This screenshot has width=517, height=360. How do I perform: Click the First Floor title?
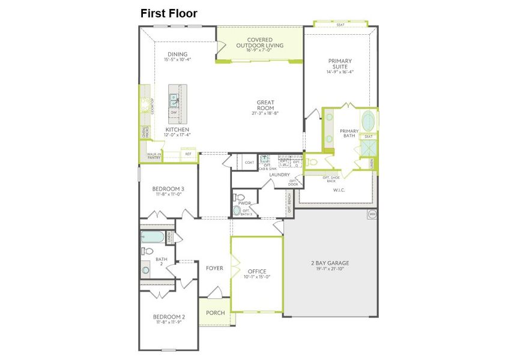[x=169, y=13]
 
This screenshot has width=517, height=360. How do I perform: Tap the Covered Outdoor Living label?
[x=259, y=43]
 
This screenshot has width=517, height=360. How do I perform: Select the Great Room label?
[x=265, y=106]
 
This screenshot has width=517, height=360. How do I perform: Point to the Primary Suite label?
[x=340, y=64]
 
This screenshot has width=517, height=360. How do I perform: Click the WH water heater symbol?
[x=372, y=214]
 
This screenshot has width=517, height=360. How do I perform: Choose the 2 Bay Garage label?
[x=330, y=263]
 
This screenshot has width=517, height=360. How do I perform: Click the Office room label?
[x=256, y=272]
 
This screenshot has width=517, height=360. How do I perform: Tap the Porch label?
[x=215, y=313]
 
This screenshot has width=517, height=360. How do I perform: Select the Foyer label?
[x=214, y=268]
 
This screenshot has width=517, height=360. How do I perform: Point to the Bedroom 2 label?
[x=169, y=317]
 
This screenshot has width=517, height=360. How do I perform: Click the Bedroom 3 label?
[x=168, y=189]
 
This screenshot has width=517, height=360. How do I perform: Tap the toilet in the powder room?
[x=239, y=196]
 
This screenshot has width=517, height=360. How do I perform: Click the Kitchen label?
[x=177, y=130]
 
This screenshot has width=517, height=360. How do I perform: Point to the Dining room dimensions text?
[x=178, y=59]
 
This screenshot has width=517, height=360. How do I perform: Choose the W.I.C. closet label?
[x=339, y=190]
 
